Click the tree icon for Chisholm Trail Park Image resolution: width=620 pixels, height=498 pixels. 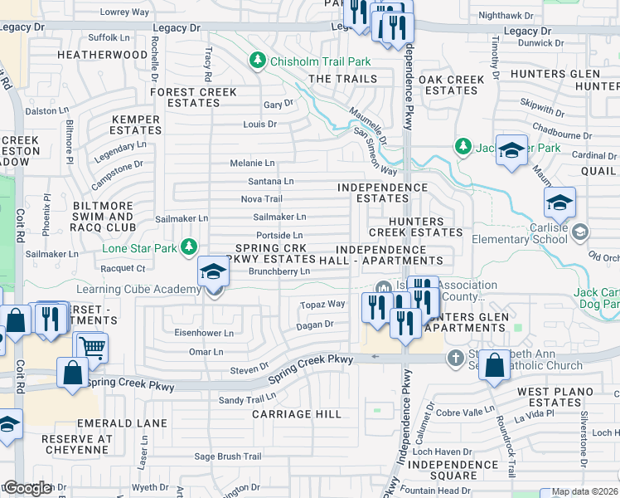[x=258, y=60]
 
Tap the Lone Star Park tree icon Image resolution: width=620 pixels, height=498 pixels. [x=190, y=247]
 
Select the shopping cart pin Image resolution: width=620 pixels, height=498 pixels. [x=90, y=347]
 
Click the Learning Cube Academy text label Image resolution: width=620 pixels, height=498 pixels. [x=138, y=289]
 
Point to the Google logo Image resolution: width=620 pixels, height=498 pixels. [x=27, y=488]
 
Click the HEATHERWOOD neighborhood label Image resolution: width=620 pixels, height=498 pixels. [x=102, y=55]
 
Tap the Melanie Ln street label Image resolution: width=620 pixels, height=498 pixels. [x=252, y=164]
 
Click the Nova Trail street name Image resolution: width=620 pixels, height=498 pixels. [x=261, y=199]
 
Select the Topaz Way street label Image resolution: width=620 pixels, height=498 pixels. [x=322, y=305]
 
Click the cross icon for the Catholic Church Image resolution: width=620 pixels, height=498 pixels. [x=455, y=359]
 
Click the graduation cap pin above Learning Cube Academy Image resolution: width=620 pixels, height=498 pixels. [x=212, y=271]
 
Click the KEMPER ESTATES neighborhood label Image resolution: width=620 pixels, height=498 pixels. [x=135, y=124]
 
